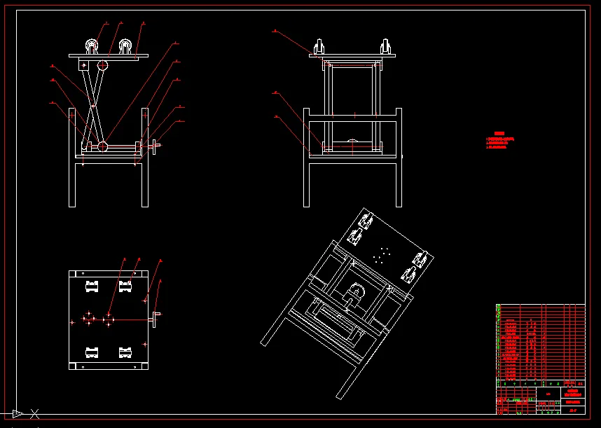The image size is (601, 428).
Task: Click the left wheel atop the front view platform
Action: click(x=92, y=46)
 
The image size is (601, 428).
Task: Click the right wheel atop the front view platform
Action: click(x=125, y=46)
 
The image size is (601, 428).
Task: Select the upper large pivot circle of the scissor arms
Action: click(x=103, y=65)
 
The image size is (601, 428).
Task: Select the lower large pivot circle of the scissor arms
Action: click(x=102, y=146)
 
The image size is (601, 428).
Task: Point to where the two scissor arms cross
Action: click(x=93, y=106)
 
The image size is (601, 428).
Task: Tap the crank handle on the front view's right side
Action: click(x=154, y=146)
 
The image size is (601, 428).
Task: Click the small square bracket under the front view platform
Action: click(x=83, y=65)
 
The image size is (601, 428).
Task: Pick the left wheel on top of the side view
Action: click(x=319, y=48)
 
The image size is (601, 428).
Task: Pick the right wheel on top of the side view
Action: click(x=385, y=48)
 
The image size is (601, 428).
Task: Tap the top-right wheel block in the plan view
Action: click(x=125, y=286)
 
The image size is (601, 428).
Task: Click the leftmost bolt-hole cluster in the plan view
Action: click(x=88, y=319)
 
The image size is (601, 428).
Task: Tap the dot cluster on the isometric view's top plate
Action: click(x=382, y=254)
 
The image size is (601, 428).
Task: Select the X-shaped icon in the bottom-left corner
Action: click(x=34, y=413)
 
